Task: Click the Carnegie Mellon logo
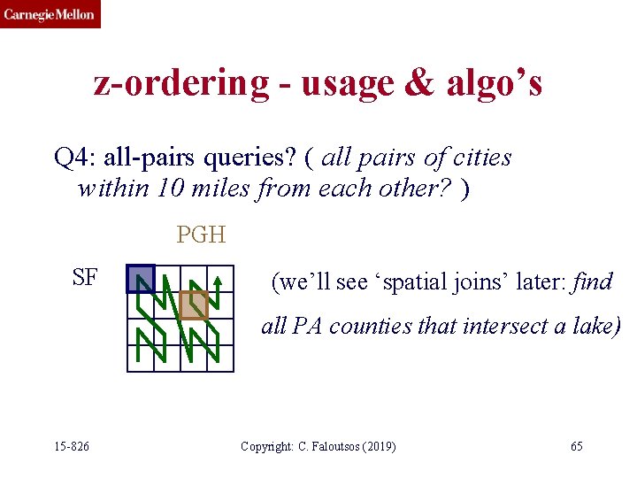tap(50, 14)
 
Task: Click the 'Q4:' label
tap(74, 158)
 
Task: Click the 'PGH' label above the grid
tap(201, 235)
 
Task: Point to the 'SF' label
tap(85, 278)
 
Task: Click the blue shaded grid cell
tap(140, 279)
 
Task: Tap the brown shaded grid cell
tap(193, 305)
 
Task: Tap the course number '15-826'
tap(69, 446)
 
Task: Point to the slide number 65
tap(576, 446)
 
